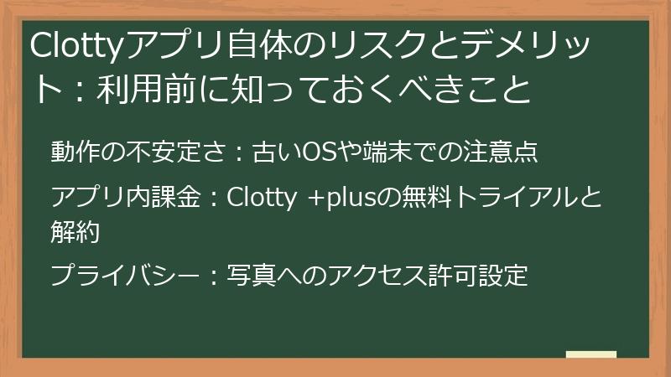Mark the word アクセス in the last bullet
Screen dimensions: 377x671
360,275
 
